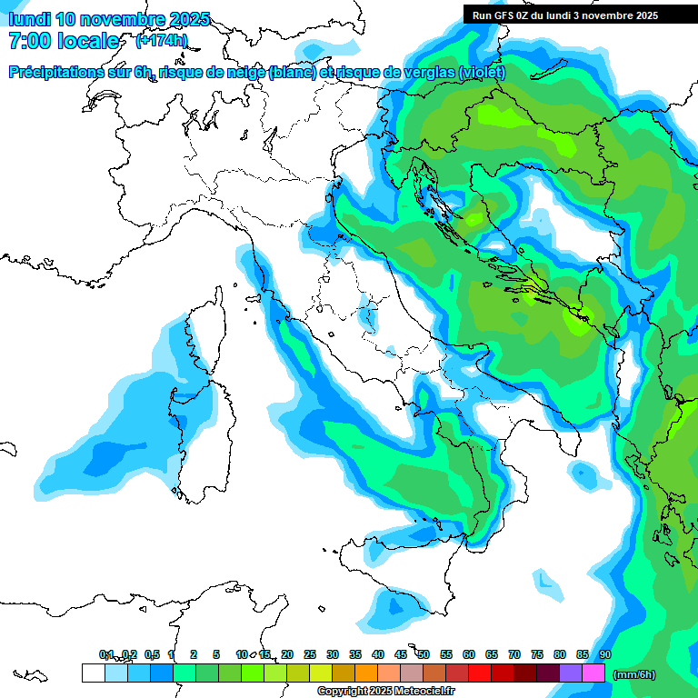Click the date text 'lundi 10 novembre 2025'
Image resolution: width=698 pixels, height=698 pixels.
tap(109, 19)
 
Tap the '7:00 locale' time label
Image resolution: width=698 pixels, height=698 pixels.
tap(64, 41)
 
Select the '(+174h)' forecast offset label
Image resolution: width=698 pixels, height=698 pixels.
tap(161, 41)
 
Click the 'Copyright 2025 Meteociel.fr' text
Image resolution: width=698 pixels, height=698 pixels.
tap(385, 692)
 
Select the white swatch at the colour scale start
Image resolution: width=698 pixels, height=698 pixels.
tap(93, 673)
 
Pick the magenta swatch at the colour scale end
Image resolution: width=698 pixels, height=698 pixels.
tap(593, 673)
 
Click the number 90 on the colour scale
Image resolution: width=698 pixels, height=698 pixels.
tap(605, 654)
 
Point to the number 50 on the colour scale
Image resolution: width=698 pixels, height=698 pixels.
tap(424, 654)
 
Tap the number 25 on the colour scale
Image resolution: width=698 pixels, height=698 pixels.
tap(310, 654)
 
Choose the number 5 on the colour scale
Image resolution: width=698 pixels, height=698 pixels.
tap(216, 654)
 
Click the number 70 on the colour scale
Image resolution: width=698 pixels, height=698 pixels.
tap(514, 654)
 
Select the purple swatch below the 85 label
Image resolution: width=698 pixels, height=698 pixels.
tap(571, 673)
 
